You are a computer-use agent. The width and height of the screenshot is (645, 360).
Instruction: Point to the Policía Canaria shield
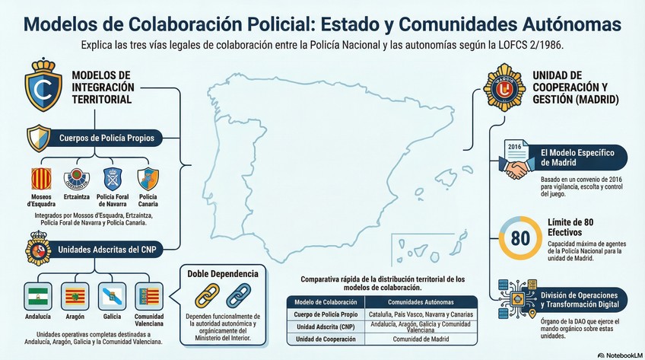point(148,179)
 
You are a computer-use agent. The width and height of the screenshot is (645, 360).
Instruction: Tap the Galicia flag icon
point(111,297)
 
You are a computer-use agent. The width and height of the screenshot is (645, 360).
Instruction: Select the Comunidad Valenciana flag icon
point(148,297)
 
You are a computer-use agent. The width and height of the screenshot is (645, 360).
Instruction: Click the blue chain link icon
point(238,295)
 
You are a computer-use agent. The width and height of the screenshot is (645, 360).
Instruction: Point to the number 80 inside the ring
point(519,237)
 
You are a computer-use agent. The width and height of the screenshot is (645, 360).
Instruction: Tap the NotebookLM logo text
point(621,354)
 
